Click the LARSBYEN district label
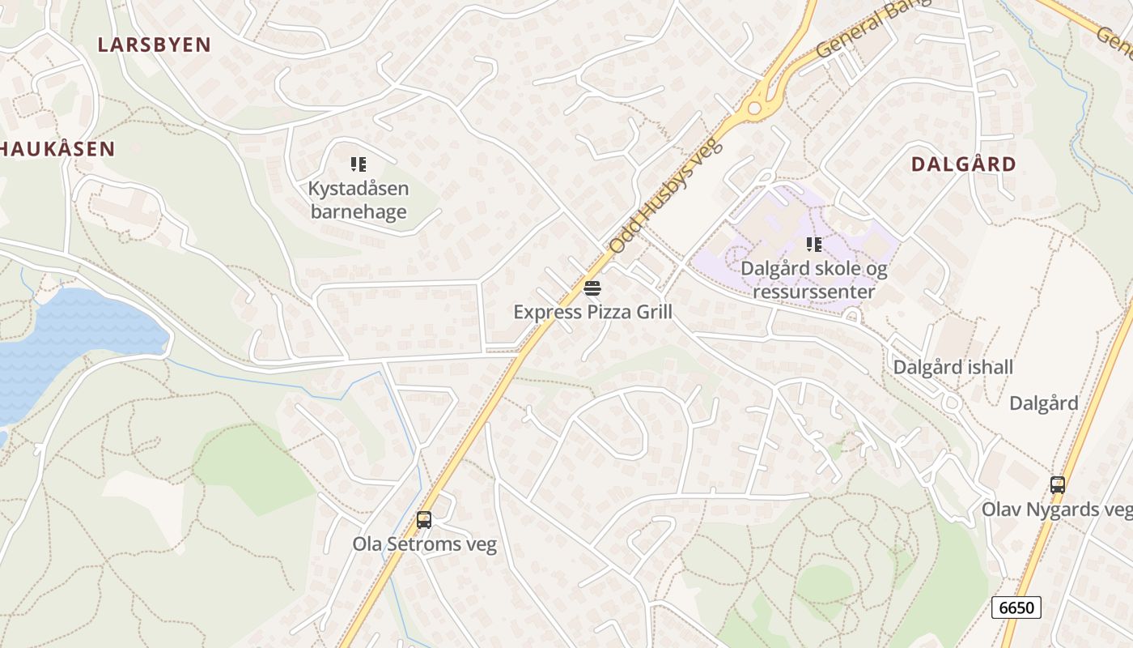(154, 45)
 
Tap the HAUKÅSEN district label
(57, 148)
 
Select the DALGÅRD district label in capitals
(963, 164)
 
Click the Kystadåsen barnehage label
(359, 200)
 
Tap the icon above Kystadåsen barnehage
(359, 165)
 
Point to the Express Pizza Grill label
(592, 312)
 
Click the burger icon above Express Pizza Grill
(592, 288)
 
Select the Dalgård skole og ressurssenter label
(814, 280)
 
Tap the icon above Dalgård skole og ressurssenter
(814, 245)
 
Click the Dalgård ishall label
(953, 367)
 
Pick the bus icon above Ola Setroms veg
(424, 520)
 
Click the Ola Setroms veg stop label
(424, 544)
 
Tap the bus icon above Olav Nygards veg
(1058, 485)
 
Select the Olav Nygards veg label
(1057, 509)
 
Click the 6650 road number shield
(1016, 607)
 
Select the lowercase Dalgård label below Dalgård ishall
(1043, 403)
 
